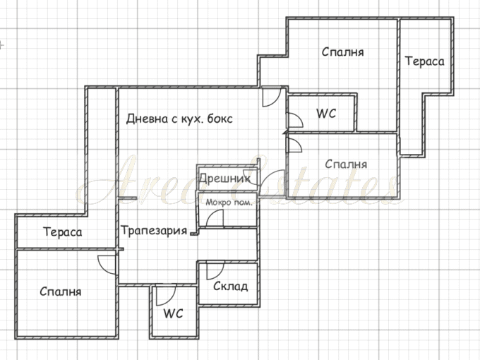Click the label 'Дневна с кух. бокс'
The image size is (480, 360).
[x=179, y=119]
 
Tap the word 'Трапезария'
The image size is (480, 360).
[x=154, y=230]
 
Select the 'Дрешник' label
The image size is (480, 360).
[x=224, y=178]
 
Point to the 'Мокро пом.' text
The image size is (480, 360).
[x=229, y=203]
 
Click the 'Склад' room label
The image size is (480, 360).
[x=231, y=286]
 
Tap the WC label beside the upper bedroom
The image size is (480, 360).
[x=326, y=114]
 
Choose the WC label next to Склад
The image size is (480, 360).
[x=173, y=313]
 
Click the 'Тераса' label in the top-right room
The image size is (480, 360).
[x=425, y=61]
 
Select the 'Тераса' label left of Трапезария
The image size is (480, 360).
[x=63, y=232]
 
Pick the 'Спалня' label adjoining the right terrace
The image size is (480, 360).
[x=343, y=52]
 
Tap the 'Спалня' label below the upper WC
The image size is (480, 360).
[x=346, y=164]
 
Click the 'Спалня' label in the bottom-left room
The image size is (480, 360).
[x=61, y=292]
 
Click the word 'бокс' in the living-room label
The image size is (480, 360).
[x=220, y=119]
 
